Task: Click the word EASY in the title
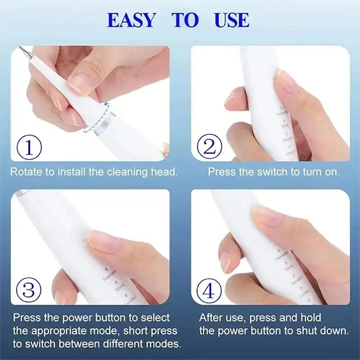pyautogui.click(x=131, y=20)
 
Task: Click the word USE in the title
pyautogui.click(x=231, y=20)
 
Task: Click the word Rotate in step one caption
pyautogui.click(x=25, y=172)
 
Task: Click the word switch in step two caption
pyautogui.click(x=267, y=172)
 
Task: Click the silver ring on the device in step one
pyautogui.click(x=105, y=123)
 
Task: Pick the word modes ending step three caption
pyautogui.click(x=165, y=344)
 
